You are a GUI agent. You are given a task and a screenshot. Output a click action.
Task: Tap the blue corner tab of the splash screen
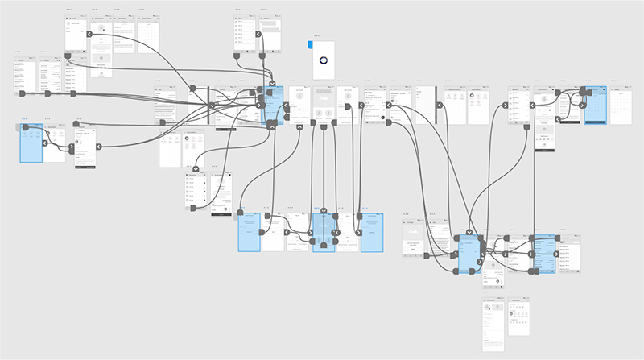click(311, 44)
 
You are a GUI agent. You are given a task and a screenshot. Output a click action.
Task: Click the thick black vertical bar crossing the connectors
click(208, 105)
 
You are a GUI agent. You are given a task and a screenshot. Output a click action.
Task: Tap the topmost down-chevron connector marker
click(273, 83)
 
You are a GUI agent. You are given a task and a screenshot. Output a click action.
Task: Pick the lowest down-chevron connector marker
click(324, 213)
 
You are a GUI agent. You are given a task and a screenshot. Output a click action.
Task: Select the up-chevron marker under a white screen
click(299, 126)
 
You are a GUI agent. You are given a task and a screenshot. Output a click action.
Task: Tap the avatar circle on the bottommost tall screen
click(493, 309)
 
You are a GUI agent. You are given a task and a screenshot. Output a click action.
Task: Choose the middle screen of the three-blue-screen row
click(324, 233)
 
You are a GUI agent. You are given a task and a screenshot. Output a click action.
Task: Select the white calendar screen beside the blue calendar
click(617, 105)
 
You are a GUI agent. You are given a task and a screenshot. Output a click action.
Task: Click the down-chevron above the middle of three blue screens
click(324, 213)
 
